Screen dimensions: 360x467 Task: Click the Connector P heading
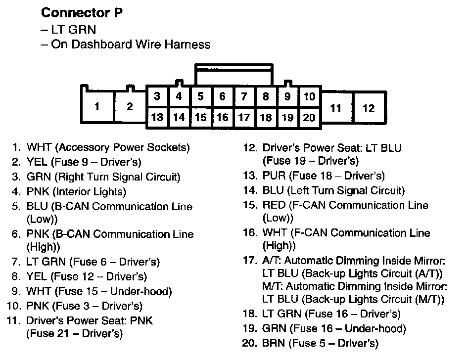[x=82, y=13]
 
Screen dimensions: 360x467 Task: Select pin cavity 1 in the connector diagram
[x=97, y=106]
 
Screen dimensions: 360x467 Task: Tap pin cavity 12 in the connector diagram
[x=369, y=108]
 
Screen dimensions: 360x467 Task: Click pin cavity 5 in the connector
[x=200, y=96]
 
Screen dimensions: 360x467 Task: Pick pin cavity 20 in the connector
[x=309, y=117]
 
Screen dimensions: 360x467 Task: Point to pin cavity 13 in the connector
[x=157, y=117]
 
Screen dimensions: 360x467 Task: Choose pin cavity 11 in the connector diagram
[x=336, y=108]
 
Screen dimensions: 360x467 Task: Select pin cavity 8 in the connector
[x=266, y=96]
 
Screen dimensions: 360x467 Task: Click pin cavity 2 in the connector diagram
[x=130, y=106]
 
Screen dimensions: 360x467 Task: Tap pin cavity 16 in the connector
[x=222, y=117]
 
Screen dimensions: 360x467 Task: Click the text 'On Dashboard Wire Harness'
[x=126, y=45]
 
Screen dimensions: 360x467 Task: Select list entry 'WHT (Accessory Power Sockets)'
[x=108, y=147]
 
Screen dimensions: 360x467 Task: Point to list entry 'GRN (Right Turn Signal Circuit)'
[x=103, y=177]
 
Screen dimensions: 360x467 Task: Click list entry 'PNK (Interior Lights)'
[x=76, y=191]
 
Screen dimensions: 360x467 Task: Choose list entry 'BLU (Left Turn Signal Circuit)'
[x=333, y=190]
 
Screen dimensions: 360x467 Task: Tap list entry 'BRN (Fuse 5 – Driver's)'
[x=320, y=343]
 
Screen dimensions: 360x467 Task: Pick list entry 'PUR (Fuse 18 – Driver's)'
[x=324, y=176]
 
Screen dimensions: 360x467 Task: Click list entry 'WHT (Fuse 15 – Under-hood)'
[x=99, y=291]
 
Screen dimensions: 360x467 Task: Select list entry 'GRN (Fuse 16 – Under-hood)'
[x=334, y=328]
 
